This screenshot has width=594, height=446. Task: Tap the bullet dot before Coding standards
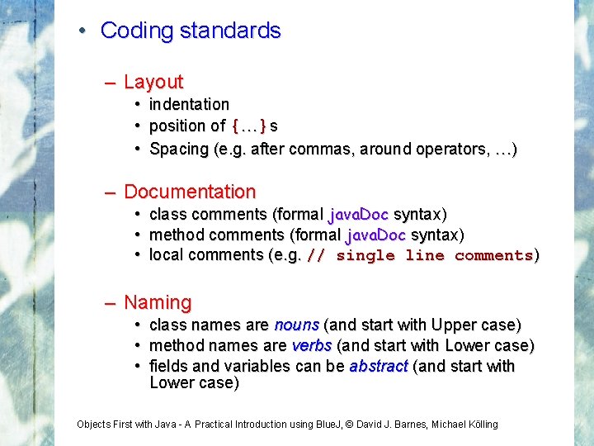[83, 31]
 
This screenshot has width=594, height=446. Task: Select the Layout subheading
[153, 82]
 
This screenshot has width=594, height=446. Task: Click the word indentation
[189, 104]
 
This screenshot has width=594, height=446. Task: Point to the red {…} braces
[249, 126]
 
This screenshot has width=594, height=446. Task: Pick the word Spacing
[179, 149]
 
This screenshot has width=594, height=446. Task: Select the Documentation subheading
[190, 192]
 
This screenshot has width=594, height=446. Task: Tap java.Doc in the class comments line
[358, 215]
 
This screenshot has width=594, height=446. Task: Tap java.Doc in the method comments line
[375, 235]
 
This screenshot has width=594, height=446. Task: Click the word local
[166, 254]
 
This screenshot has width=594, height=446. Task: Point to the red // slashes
[316, 255]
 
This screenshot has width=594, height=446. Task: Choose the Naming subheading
[158, 302]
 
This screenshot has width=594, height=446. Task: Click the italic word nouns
[297, 325]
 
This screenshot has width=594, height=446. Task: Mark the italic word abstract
[379, 366]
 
